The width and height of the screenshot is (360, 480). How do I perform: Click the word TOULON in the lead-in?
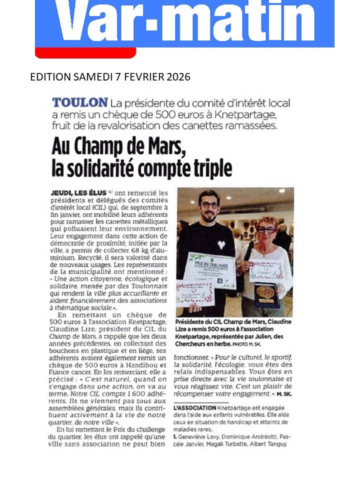click(80, 103)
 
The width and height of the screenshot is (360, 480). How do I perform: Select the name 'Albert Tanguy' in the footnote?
click(269, 443)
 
